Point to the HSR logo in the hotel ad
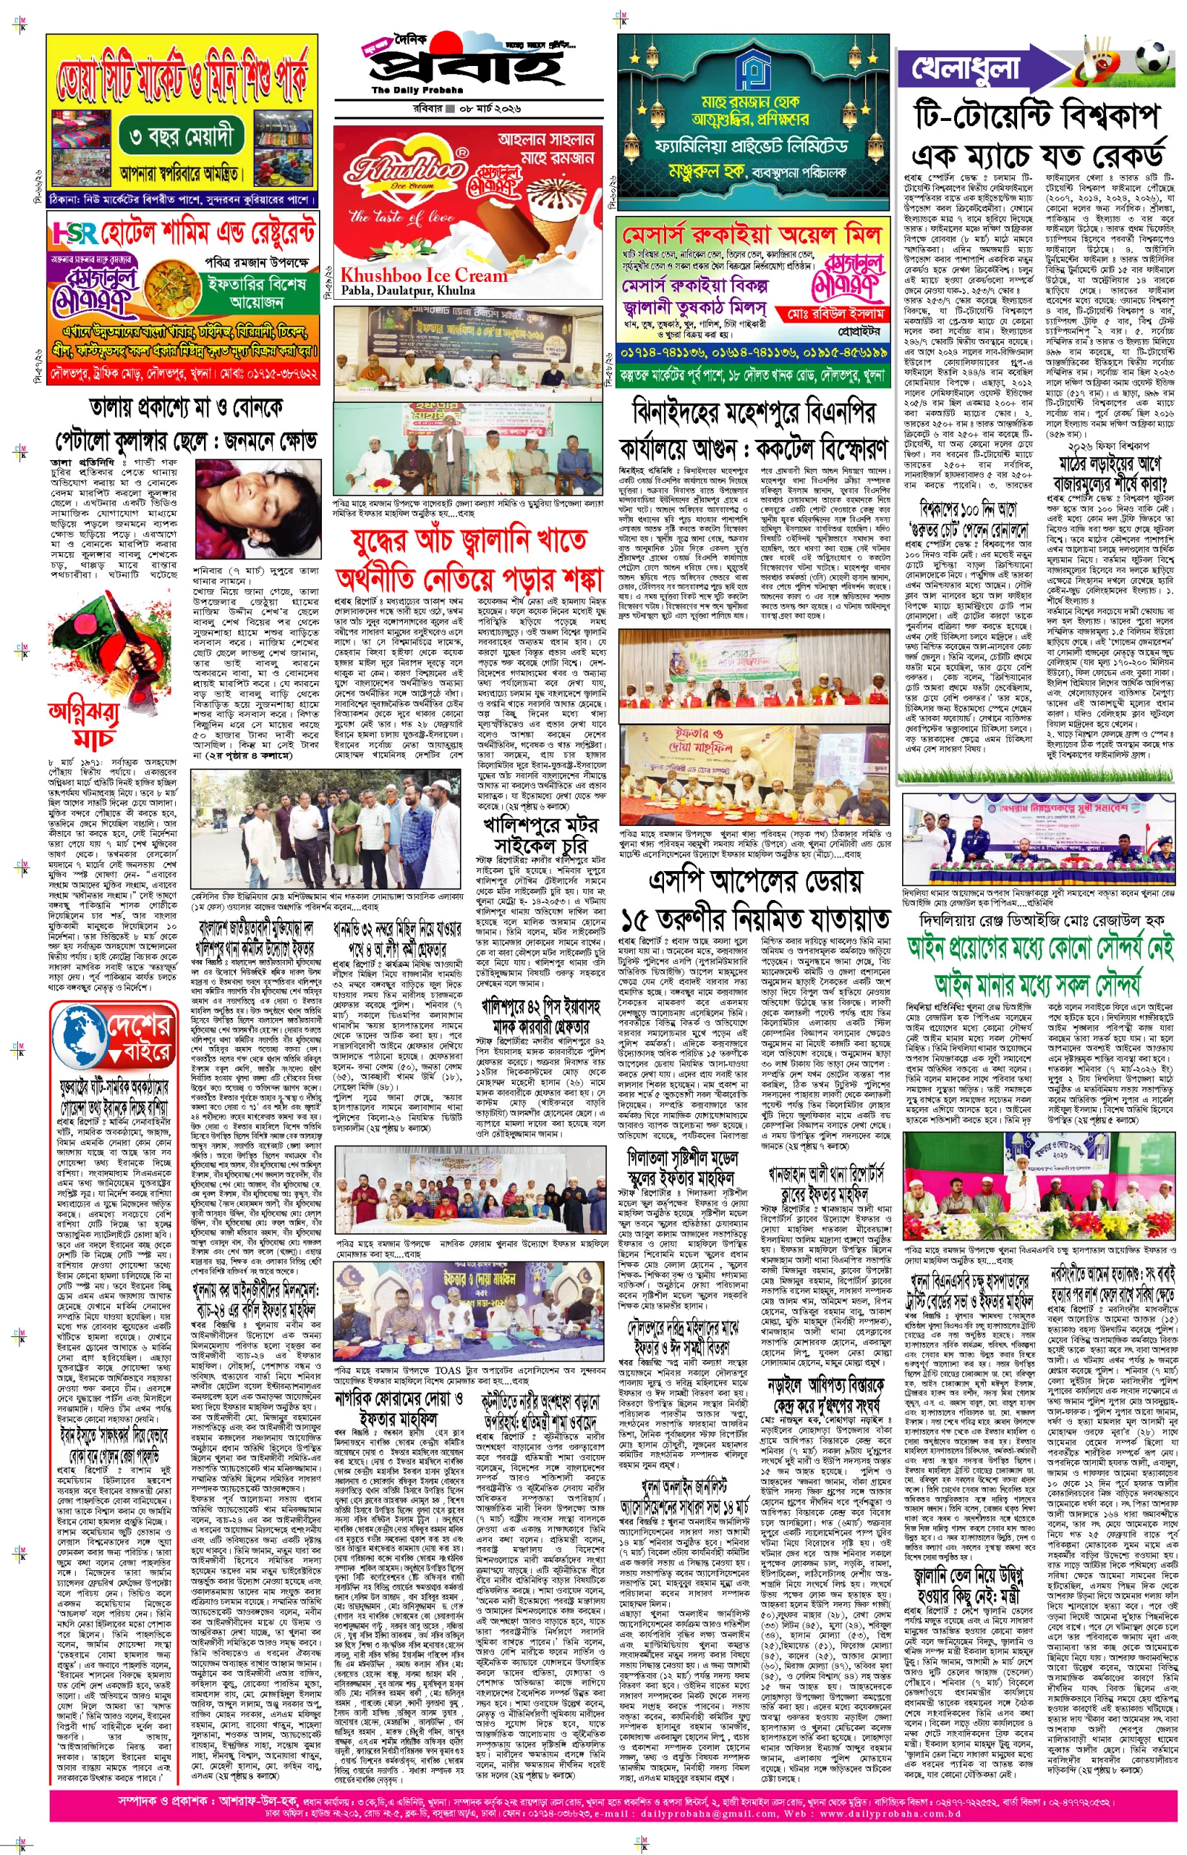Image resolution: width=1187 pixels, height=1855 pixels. pos(75,233)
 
